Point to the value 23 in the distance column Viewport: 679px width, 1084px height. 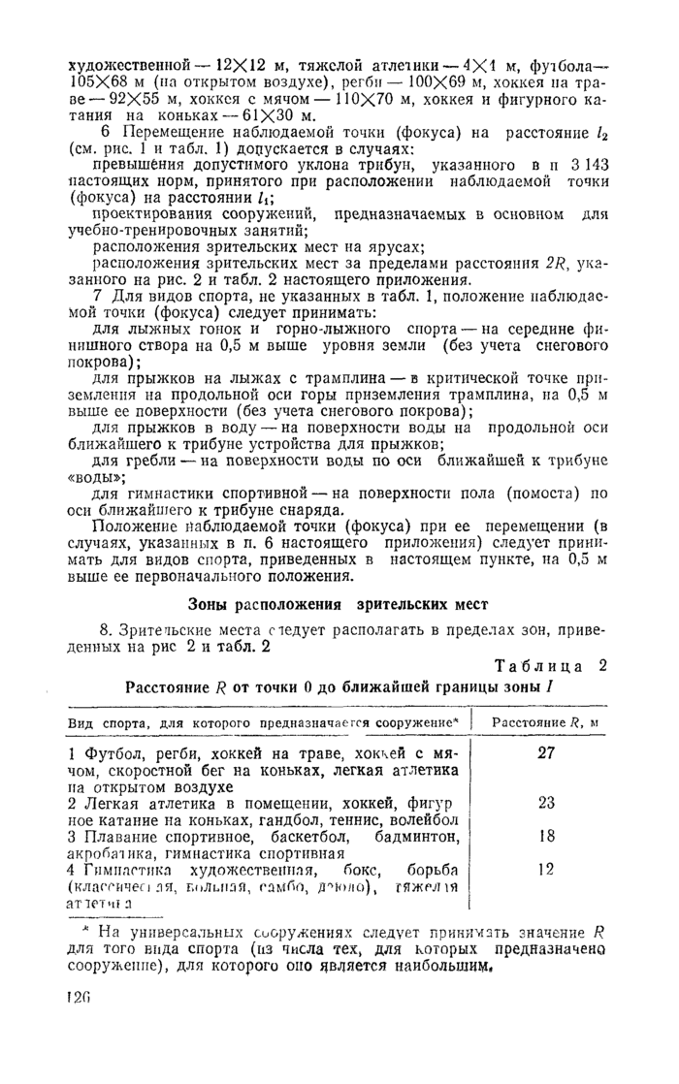point(545,802)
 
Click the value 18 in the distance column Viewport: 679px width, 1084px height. point(545,835)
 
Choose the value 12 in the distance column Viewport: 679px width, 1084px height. point(545,869)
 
